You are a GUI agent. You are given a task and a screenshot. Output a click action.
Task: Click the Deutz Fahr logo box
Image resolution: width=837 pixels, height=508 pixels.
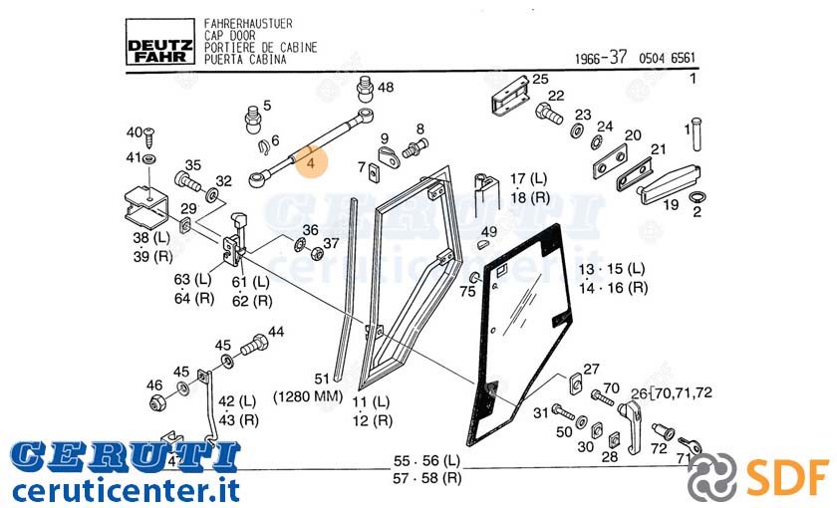[x=159, y=42]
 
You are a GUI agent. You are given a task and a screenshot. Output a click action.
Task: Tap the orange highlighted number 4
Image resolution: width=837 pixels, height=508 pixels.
[x=311, y=160]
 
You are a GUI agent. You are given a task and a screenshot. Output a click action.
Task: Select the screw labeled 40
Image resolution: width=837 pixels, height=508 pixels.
[x=150, y=137]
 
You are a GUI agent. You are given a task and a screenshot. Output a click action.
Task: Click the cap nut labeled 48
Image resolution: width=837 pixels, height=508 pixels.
[x=365, y=90]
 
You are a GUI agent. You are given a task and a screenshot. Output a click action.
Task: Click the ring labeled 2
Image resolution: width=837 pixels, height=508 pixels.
[x=697, y=198]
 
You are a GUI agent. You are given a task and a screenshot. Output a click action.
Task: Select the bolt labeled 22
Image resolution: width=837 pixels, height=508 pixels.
[x=549, y=114]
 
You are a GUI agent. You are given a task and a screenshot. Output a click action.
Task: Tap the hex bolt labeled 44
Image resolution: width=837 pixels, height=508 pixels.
[x=254, y=345]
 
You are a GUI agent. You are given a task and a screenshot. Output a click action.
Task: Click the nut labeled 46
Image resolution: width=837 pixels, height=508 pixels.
[x=157, y=403]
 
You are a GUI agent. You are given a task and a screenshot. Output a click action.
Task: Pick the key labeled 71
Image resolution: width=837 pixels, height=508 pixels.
[x=690, y=444]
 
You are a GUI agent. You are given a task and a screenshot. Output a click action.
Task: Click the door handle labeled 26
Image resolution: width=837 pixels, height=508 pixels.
[x=631, y=426]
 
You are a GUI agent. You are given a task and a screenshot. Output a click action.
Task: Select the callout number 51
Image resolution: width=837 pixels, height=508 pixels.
[x=321, y=379]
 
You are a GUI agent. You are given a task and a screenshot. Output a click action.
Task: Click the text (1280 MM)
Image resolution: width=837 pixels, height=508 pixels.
[x=308, y=396]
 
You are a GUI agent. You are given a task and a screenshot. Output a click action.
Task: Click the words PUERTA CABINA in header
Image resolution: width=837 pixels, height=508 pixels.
[x=245, y=59]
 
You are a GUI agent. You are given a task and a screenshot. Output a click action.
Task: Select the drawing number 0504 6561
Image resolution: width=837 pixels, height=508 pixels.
[x=668, y=58]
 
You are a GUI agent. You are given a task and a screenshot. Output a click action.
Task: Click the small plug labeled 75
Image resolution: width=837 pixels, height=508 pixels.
[x=474, y=278]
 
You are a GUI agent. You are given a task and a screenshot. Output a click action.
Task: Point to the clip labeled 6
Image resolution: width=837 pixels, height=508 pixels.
[x=263, y=147]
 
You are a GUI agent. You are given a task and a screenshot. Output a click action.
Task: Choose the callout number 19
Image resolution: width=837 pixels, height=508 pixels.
[x=671, y=204]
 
